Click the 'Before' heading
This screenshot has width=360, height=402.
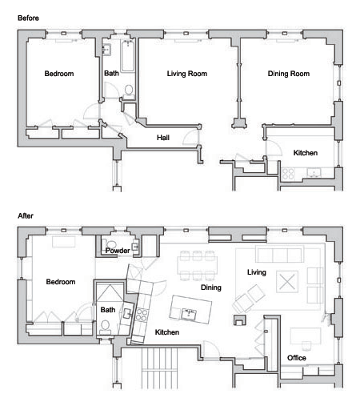point(28,18)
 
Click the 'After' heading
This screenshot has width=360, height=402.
point(26,215)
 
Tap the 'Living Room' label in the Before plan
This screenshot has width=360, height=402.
point(187,74)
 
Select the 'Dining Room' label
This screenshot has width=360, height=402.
point(289,74)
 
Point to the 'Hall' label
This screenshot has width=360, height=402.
point(163,138)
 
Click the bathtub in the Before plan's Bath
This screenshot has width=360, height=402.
point(128,56)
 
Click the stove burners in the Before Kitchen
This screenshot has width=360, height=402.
point(288,173)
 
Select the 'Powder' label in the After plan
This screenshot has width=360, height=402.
point(118,251)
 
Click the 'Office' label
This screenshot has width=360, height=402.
point(297,358)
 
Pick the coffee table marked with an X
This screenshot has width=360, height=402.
point(287,282)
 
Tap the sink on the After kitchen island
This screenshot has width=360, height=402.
point(189,314)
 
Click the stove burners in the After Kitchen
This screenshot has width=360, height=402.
point(142,315)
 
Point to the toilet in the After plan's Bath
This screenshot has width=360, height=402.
point(106,327)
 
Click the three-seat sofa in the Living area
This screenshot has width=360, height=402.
point(279,254)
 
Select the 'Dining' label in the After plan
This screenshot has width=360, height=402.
point(211,287)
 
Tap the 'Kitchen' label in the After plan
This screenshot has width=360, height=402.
point(167,332)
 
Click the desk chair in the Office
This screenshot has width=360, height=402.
point(306,345)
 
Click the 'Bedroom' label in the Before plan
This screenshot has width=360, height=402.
point(59,74)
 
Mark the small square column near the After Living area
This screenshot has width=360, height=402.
point(240,320)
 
